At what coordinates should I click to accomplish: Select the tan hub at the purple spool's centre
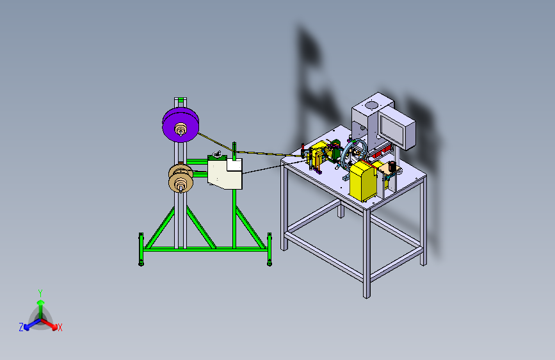(181, 129)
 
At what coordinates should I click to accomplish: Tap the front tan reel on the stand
(181, 183)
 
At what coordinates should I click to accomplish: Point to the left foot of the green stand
(141, 249)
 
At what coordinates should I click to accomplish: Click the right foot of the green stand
(269, 249)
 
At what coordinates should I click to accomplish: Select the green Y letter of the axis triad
(40, 293)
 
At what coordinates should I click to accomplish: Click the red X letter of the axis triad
(60, 328)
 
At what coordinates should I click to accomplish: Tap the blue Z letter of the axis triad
(21, 327)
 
